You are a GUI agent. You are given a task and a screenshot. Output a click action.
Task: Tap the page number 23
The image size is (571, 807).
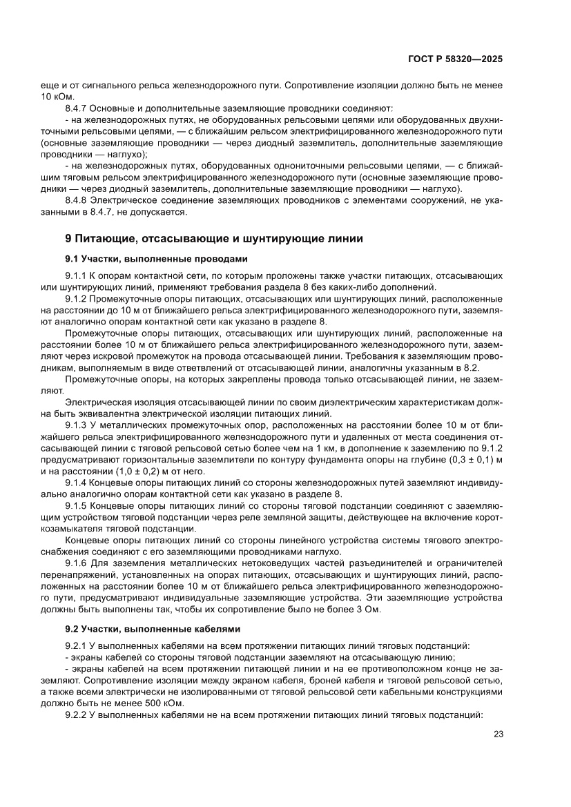498,735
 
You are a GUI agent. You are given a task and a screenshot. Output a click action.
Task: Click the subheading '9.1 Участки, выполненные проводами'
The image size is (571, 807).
155,259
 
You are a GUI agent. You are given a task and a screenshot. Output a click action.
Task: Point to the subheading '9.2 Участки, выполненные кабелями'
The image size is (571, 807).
153,629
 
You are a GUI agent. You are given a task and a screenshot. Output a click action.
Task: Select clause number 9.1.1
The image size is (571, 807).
76,275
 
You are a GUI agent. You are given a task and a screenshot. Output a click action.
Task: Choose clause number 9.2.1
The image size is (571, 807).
76,645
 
